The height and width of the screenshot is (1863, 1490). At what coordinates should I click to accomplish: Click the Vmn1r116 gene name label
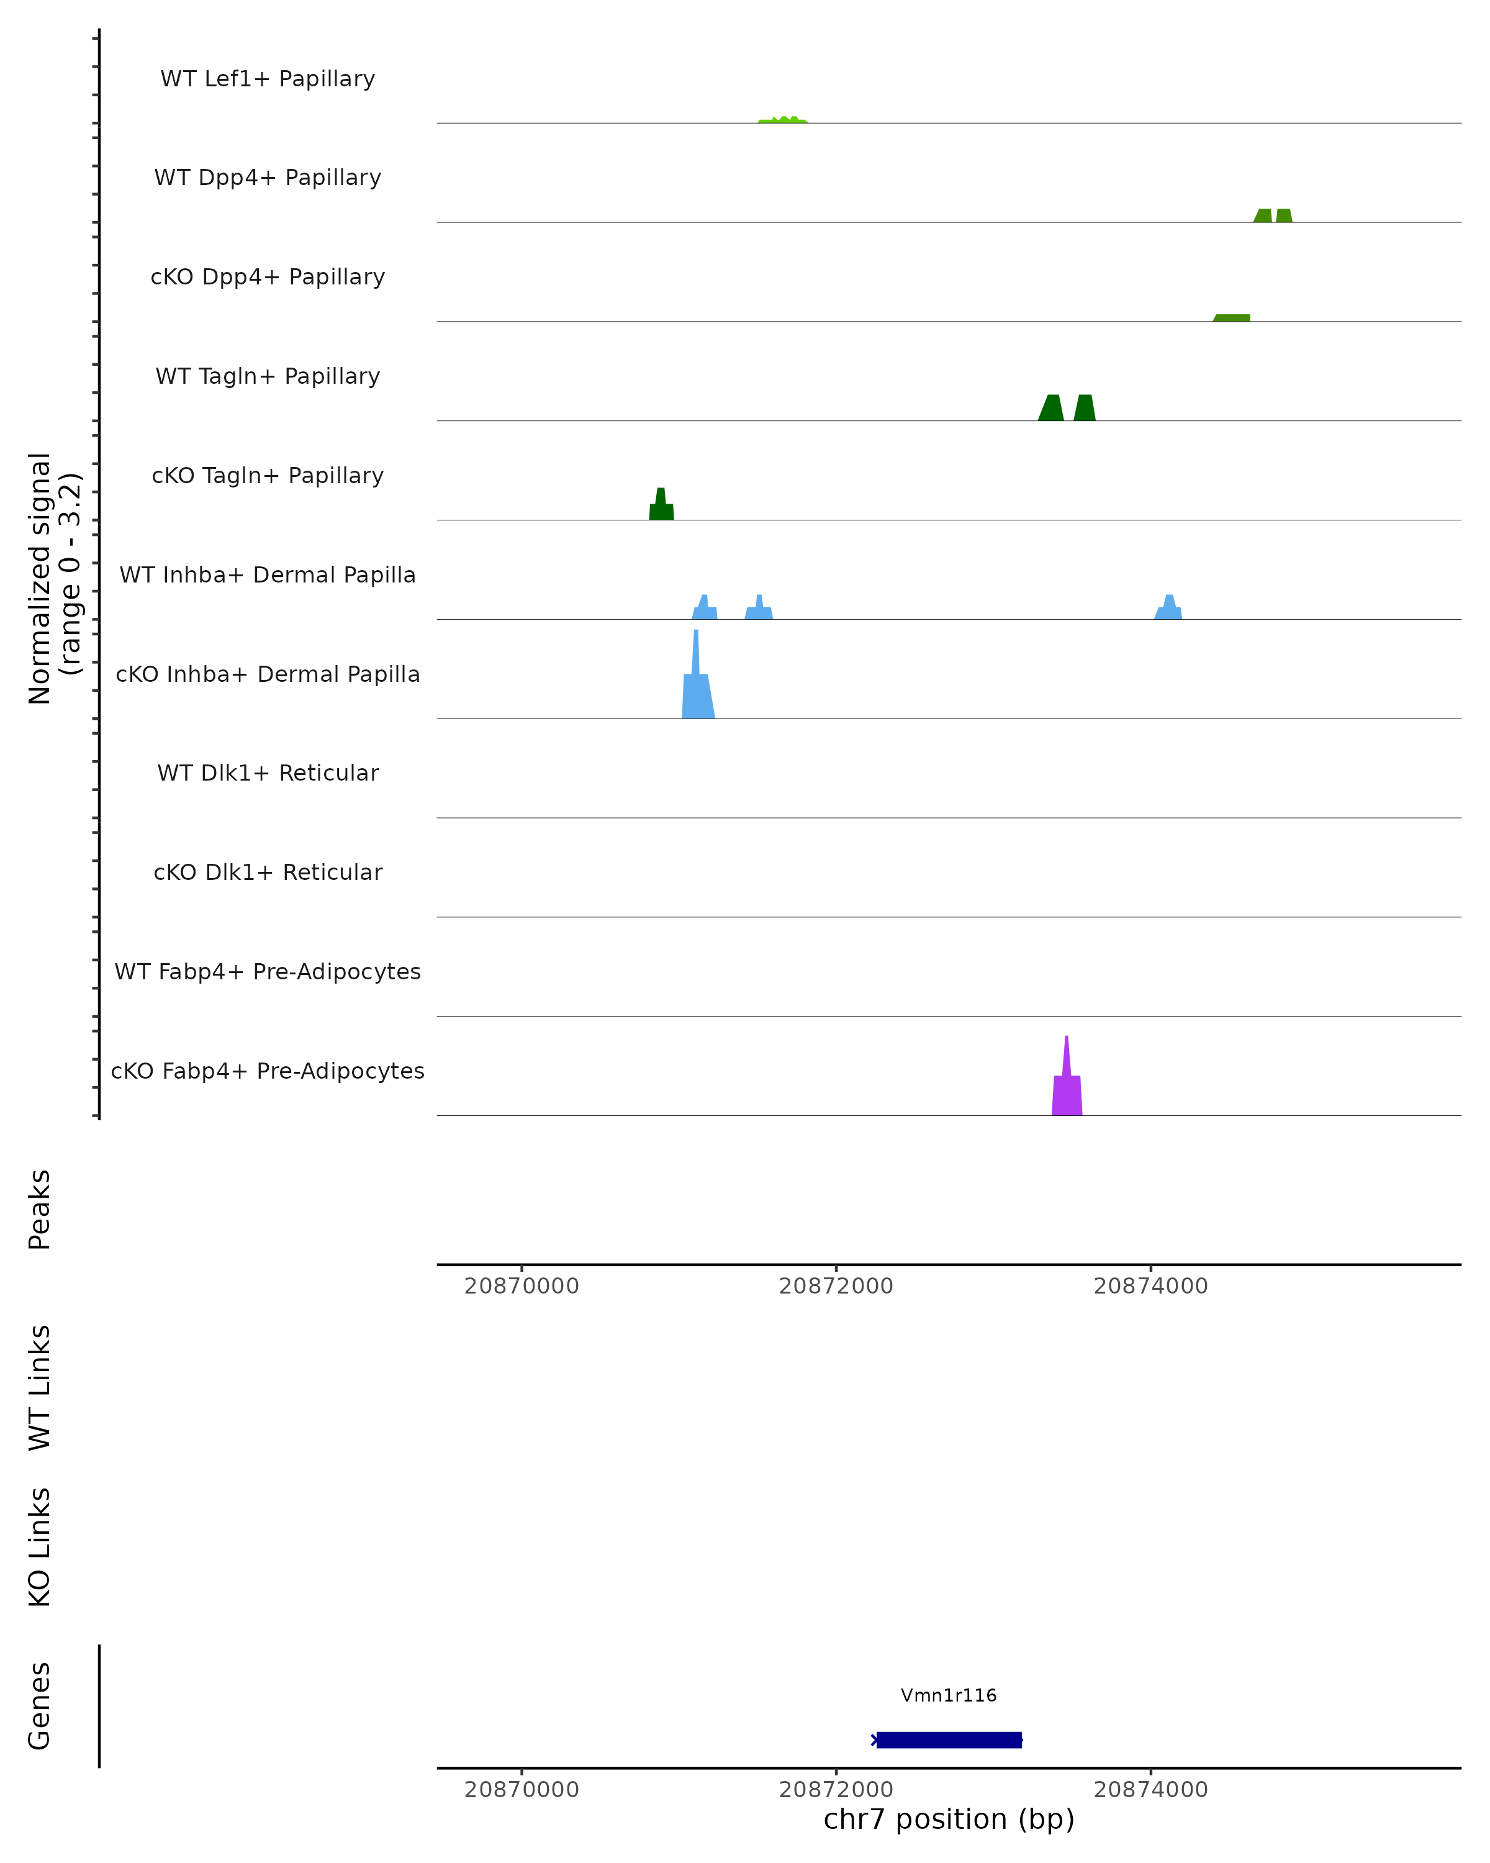pyautogui.click(x=949, y=1695)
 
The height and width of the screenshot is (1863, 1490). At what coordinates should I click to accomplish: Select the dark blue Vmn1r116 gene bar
pyautogui.click(x=949, y=1739)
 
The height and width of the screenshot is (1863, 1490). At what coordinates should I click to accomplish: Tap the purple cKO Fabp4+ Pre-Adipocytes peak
pyautogui.click(x=1067, y=1093)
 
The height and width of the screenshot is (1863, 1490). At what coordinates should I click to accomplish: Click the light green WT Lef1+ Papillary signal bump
pyautogui.click(x=783, y=120)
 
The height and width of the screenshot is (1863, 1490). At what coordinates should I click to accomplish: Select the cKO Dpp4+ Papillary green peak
pyautogui.click(x=1232, y=317)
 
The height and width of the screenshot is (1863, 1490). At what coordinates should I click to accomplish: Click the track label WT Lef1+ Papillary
pyautogui.click(x=268, y=79)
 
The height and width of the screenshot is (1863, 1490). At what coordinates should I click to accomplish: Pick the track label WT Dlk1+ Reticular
pyautogui.click(x=268, y=773)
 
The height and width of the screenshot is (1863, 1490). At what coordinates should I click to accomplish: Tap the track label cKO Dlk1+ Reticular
pyautogui.click(x=268, y=873)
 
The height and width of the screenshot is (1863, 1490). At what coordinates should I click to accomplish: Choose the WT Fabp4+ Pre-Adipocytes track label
pyautogui.click(x=268, y=972)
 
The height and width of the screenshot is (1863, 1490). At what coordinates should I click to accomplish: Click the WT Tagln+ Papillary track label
pyautogui.click(x=268, y=377)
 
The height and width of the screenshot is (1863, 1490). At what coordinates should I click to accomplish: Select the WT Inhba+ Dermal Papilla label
pyautogui.click(x=268, y=576)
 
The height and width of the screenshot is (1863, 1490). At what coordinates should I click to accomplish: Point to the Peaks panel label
pyautogui.click(x=40, y=1210)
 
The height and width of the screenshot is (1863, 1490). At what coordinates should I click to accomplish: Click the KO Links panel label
pyautogui.click(x=40, y=1547)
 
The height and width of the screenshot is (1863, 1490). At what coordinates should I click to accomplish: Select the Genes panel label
pyautogui.click(x=40, y=1705)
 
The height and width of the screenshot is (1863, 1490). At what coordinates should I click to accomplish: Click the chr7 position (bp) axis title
pyautogui.click(x=949, y=1819)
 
